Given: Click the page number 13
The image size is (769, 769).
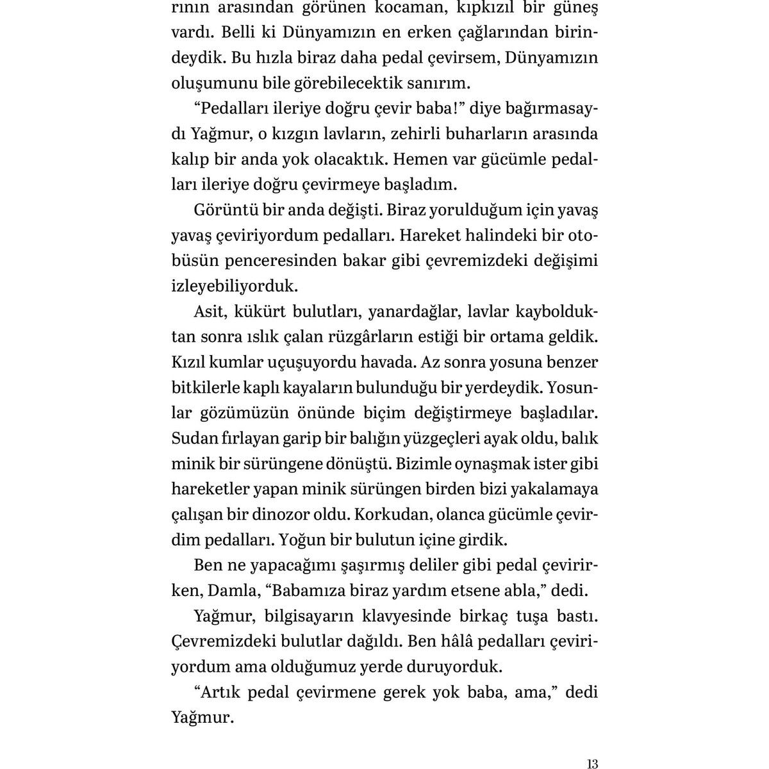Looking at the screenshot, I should pyautogui.click(x=591, y=746).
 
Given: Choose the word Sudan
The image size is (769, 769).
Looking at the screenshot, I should pyautogui.click(x=194, y=438).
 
